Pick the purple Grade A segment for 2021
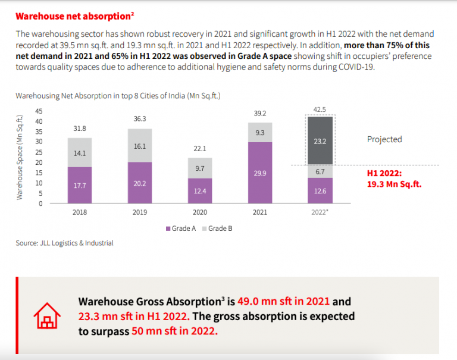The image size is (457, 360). (x=260, y=173)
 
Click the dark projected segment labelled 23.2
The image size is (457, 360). (x=320, y=141)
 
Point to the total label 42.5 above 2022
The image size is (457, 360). (x=320, y=109)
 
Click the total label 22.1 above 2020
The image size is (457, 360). (x=200, y=148)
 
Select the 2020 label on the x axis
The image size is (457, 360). (x=200, y=211)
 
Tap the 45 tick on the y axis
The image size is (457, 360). (x=39, y=111)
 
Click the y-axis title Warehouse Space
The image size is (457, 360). (x=20, y=158)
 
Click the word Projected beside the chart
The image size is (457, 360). (x=384, y=139)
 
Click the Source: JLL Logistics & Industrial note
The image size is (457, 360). (x=64, y=243)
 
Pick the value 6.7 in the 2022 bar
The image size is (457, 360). (x=320, y=171)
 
